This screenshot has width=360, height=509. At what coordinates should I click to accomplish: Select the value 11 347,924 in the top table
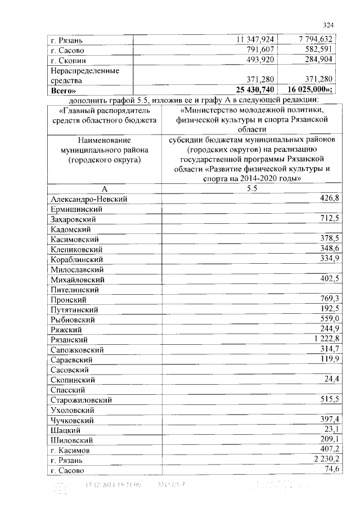tap(255, 40)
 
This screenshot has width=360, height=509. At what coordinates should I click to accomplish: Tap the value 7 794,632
tap(317, 40)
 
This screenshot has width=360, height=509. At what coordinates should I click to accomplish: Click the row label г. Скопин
tap(69, 60)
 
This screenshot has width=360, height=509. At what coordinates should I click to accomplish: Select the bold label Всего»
tap(64, 90)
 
